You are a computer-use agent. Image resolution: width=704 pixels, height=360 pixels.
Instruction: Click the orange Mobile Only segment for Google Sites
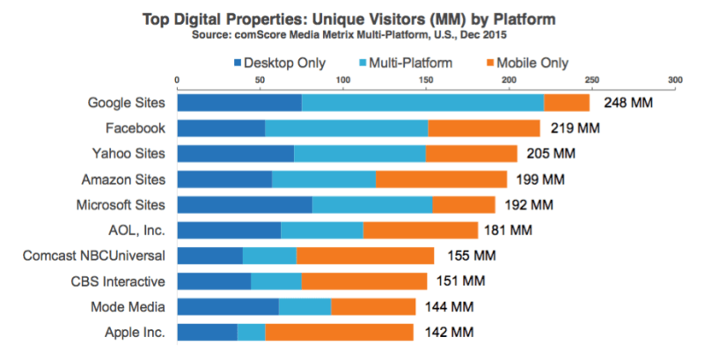(567, 102)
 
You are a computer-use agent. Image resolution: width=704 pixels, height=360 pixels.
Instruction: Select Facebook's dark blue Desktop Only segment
(221, 129)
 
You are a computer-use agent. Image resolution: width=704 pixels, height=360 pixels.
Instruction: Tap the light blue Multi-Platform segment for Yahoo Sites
(359, 154)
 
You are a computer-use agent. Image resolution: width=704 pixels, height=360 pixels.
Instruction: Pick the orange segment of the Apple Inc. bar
(339, 333)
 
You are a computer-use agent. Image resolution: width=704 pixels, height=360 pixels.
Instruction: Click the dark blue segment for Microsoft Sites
(245, 205)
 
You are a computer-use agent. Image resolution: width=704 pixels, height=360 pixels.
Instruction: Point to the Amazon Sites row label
(121, 180)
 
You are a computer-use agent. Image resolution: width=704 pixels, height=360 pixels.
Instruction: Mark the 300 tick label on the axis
(675, 80)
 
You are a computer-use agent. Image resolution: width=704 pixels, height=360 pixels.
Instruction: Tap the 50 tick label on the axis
(260, 80)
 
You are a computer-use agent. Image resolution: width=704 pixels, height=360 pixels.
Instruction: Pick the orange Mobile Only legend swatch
(491, 62)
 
